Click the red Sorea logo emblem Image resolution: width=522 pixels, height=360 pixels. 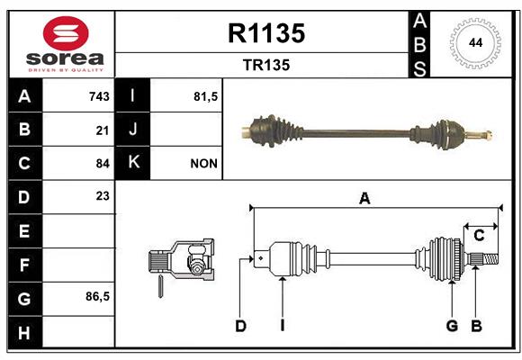66,33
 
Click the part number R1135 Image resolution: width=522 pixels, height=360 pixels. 266,33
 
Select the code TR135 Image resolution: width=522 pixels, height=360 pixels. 266,65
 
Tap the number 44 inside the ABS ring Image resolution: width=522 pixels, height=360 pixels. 475,43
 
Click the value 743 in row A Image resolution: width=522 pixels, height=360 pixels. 99,96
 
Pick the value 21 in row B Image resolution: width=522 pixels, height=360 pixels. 103,130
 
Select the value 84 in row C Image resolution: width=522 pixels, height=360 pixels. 103,164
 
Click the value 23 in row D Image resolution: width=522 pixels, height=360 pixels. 103,196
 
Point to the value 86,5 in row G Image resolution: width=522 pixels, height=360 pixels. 97,296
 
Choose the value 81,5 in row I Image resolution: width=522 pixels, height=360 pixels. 206,96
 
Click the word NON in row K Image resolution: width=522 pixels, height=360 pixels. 203,164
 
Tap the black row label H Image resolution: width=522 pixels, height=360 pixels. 25,332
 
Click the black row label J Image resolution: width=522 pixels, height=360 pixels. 132,129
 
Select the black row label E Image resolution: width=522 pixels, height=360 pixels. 25,230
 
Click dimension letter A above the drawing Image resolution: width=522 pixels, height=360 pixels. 364,199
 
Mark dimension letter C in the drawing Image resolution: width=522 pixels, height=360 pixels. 479,236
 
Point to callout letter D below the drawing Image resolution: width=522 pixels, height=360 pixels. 240,326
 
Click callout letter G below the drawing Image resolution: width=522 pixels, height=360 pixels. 452,326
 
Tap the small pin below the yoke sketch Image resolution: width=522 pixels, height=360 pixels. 160,285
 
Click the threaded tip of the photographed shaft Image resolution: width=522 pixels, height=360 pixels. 488,135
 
